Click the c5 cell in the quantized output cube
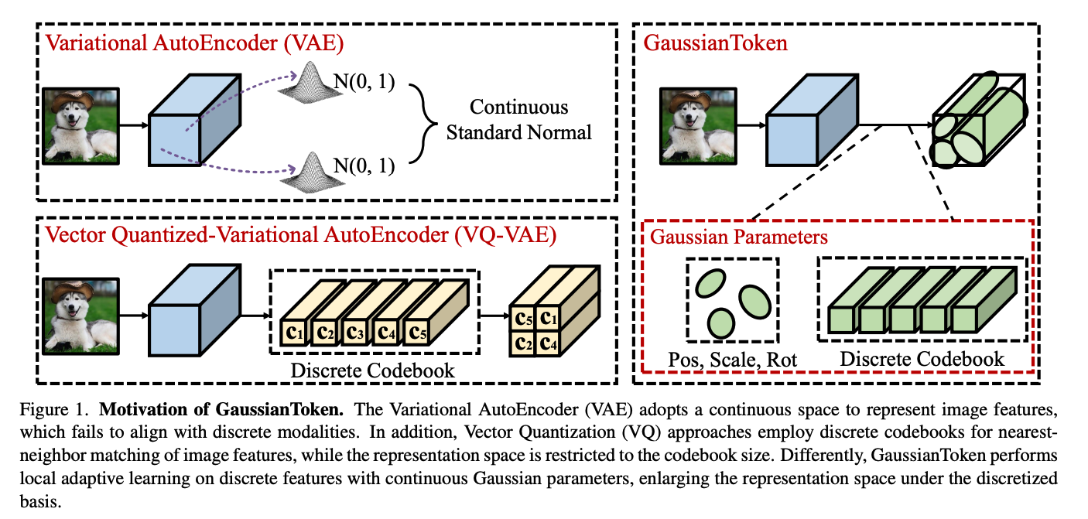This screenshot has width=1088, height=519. [525, 318]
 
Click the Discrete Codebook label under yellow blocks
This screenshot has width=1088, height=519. [372, 370]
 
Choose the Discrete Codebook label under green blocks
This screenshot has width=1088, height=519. [922, 359]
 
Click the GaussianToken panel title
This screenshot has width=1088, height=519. [716, 43]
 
